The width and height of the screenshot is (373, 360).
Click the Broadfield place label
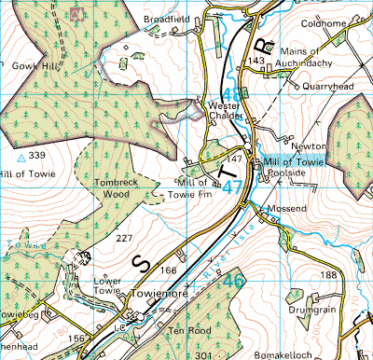click(x=166, y=19)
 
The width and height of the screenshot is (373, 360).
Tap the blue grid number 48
click(x=233, y=93)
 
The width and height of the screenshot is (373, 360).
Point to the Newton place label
click(x=309, y=146)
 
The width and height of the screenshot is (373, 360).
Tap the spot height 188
click(x=328, y=275)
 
